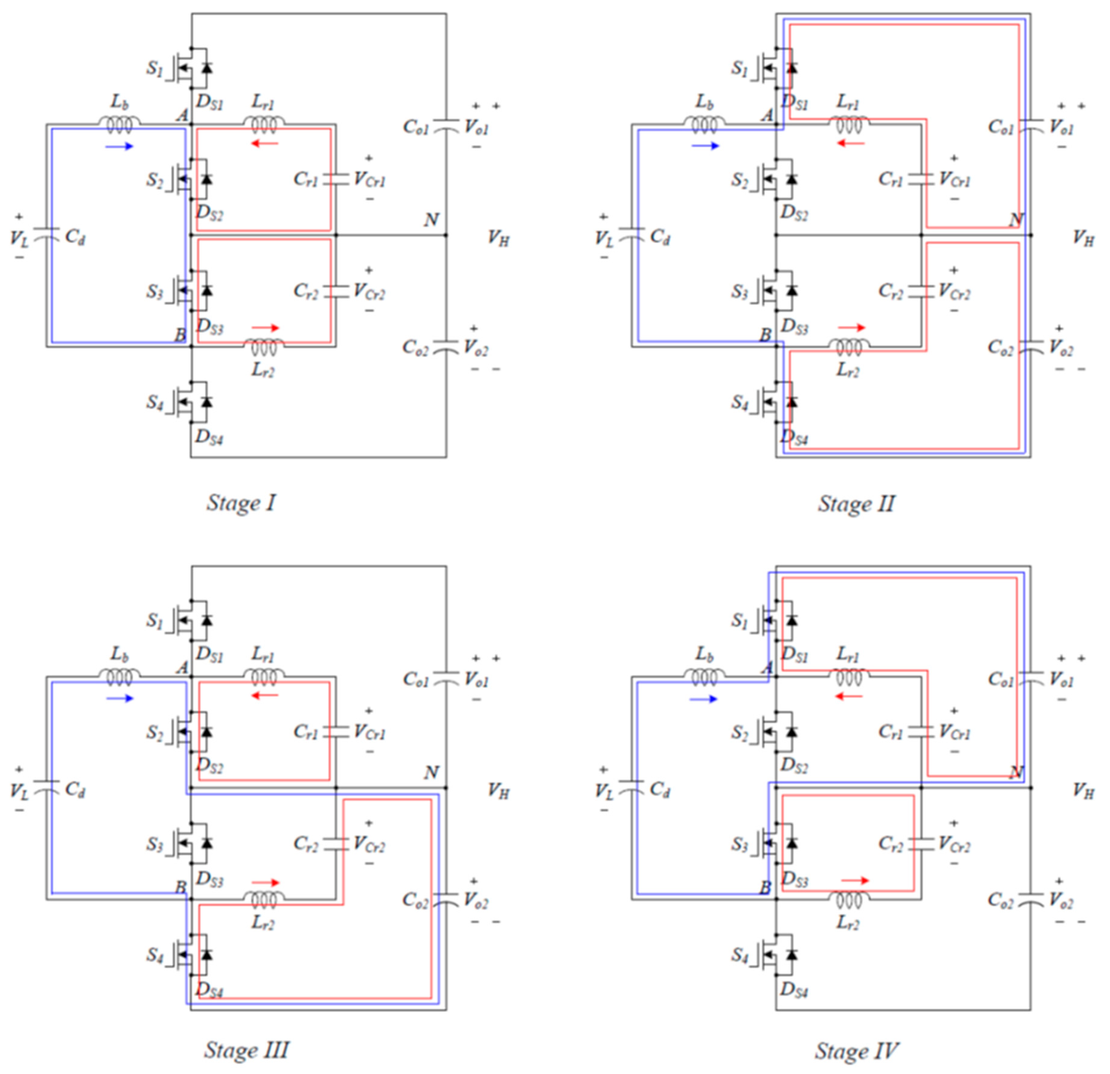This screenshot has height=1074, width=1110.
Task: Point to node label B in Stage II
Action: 765,335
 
